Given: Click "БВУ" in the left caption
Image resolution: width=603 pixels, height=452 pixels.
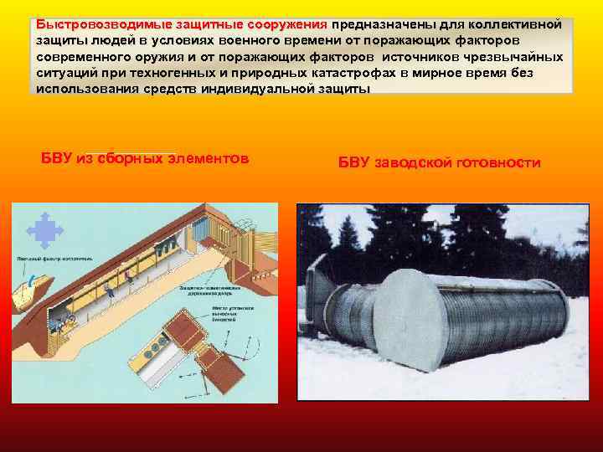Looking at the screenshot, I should point(56,159).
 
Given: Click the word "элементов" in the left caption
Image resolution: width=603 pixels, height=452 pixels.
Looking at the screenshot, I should point(208,159).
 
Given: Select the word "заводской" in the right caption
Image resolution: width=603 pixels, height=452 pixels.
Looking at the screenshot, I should point(413,162).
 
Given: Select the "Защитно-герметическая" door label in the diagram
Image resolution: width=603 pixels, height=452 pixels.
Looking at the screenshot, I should point(199,288).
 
